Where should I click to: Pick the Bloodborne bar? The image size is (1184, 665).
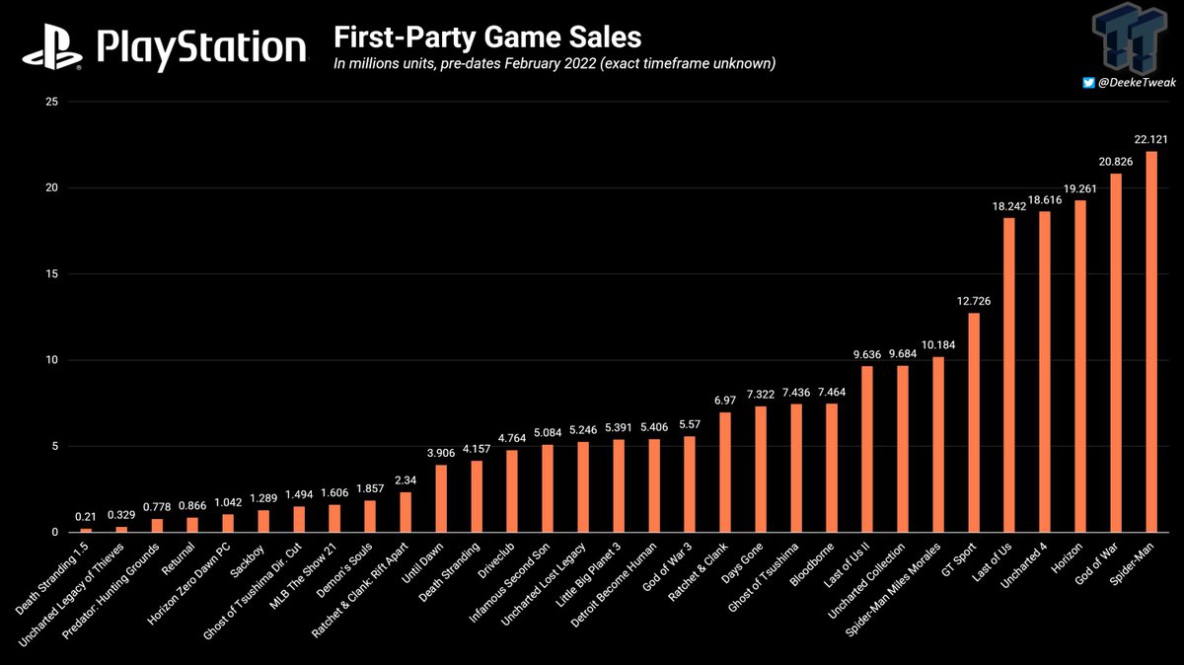832,468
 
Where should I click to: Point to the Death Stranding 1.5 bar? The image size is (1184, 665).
86,530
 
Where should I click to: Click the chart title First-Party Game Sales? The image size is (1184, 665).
487,37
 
